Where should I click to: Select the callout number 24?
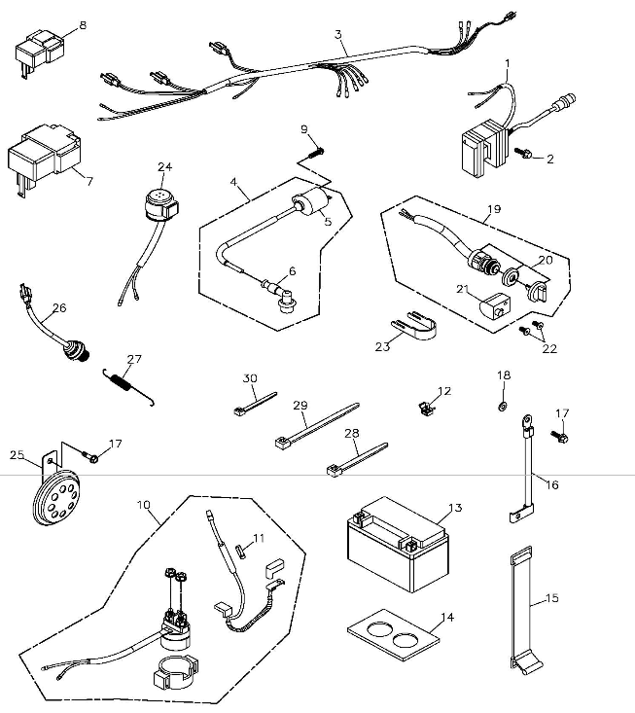tap(163, 166)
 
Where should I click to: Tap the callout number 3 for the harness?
tap(338, 34)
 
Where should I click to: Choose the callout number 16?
tap(552, 483)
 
